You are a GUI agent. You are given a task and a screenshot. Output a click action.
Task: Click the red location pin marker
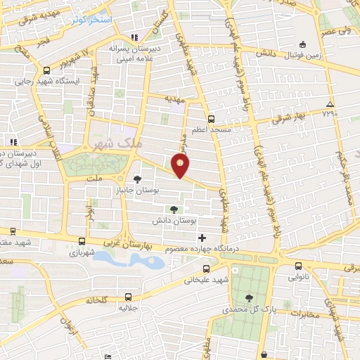pyautogui.click(x=181, y=165)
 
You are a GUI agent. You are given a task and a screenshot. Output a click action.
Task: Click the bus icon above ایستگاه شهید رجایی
pyautogui.click(x=46, y=70)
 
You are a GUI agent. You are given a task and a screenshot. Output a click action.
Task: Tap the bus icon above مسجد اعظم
pyautogui.click(x=212, y=119)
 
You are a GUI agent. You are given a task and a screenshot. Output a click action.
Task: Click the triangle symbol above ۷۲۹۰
pyautogui.click(x=330, y=105)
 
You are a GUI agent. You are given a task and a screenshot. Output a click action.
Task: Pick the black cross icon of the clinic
pyautogui.click(x=202, y=237)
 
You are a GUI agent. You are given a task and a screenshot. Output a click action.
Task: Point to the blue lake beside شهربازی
pyautogui.click(x=130, y=259)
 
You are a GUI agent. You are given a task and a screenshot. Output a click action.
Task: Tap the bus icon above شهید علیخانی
pyautogui.click(x=205, y=268)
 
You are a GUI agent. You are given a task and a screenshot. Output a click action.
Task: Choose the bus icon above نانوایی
pyautogui.click(x=299, y=266)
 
